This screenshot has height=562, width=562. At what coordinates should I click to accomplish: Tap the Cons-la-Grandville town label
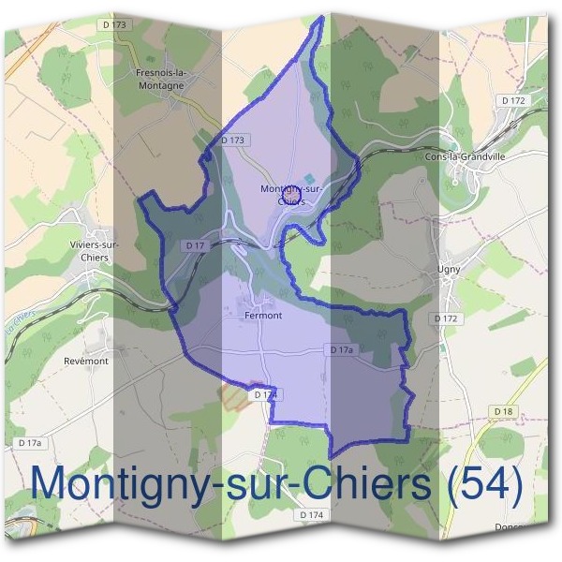[465, 157]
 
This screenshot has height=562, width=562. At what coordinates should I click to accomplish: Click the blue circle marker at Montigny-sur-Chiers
[289, 193]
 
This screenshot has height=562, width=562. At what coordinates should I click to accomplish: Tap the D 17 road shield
[195, 245]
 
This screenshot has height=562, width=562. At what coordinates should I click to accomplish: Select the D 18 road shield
[503, 411]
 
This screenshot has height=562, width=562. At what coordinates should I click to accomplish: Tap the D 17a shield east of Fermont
[340, 349]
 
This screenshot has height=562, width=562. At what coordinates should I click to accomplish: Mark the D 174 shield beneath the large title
[312, 515]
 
